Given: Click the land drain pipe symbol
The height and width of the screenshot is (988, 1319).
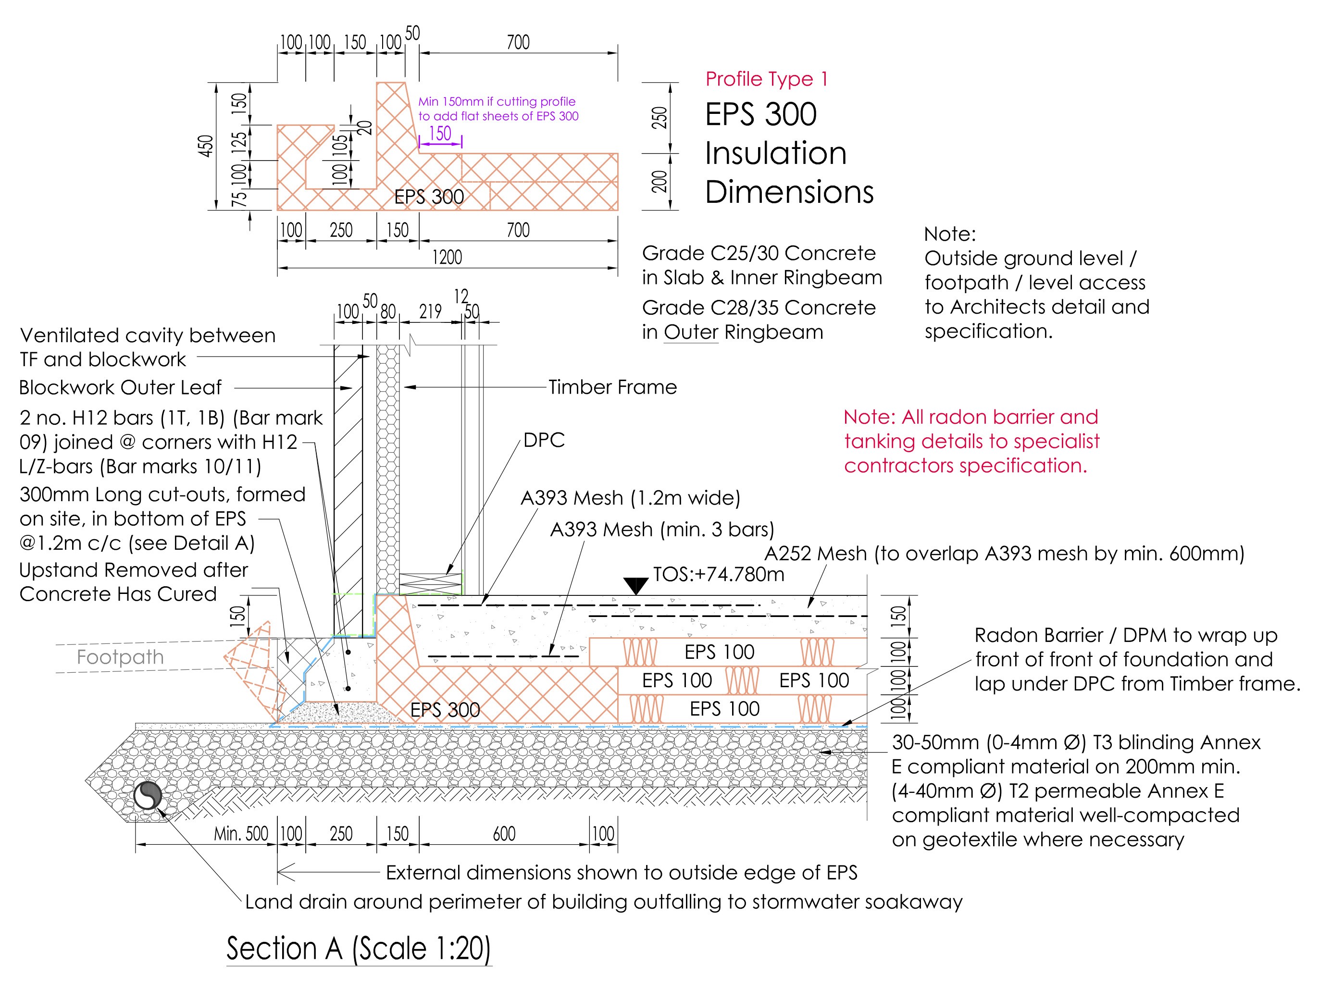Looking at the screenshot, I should point(147,795).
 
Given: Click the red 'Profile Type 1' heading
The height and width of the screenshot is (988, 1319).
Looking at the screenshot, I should point(766,79).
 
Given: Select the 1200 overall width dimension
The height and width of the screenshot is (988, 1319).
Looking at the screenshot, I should point(447,258).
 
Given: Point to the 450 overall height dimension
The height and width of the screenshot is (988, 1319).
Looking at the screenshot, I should point(206,147).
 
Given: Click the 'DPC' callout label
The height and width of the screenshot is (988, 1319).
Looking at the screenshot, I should point(544,440).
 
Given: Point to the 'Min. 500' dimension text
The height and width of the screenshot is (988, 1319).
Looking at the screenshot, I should point(241,834).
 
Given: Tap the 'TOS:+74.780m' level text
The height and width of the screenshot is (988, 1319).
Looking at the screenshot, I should point(719,574).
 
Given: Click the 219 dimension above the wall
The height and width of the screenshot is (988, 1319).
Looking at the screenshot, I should point(430,311).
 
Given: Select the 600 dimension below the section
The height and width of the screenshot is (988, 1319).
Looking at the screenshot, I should point(504,834).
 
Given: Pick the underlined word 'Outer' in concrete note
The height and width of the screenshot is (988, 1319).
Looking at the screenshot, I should point(691,332).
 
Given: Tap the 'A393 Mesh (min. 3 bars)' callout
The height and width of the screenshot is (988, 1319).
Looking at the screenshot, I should point(662,530).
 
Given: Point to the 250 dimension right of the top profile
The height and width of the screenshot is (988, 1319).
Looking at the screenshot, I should point(659,118).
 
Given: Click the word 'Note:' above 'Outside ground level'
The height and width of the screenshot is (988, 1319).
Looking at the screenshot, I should point(950,234).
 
